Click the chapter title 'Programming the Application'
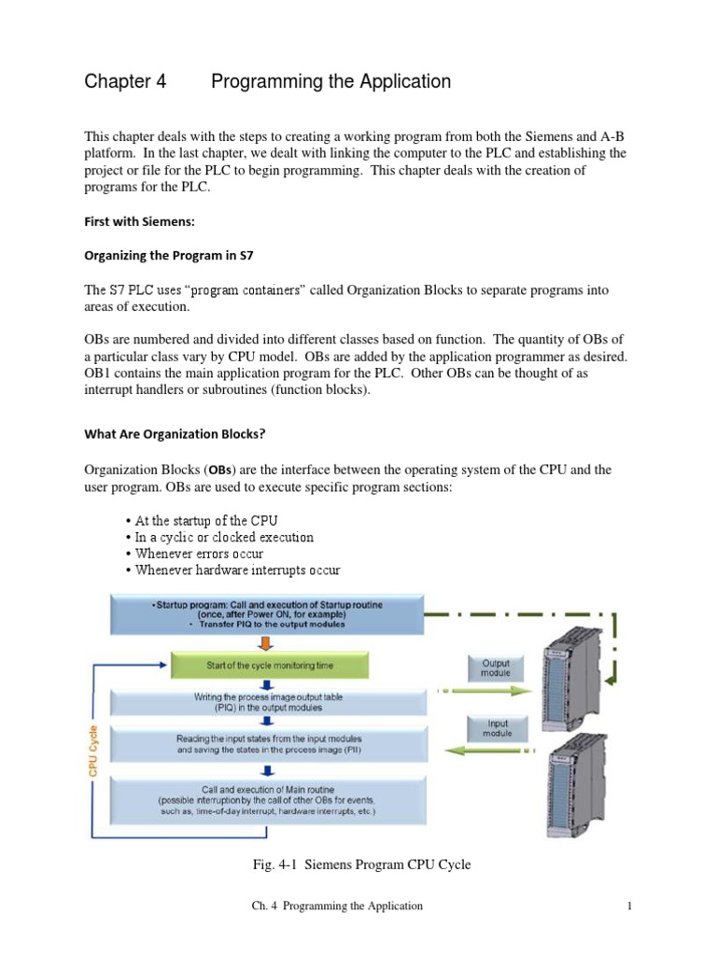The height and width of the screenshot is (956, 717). click(330, 82)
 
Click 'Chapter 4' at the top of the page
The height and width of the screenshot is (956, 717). click(125, 82)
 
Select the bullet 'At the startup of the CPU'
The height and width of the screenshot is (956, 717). click(206, 520)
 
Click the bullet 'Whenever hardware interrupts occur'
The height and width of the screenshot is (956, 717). click(237, 569)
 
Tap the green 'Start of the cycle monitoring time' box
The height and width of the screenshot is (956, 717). click(269, 666)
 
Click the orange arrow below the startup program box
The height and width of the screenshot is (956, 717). click(268, 642)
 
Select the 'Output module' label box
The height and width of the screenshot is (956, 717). click(495, 668)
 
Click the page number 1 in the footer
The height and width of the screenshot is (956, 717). click(631, 906)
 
